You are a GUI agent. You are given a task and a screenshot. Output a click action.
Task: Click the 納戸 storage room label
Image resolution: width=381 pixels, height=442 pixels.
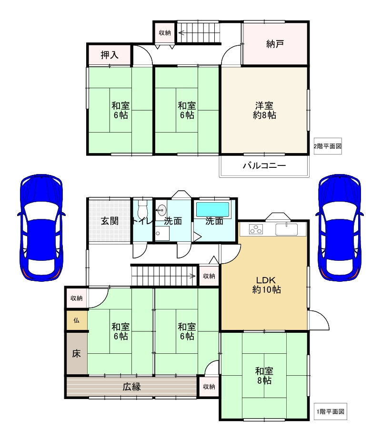[x=275, y=44]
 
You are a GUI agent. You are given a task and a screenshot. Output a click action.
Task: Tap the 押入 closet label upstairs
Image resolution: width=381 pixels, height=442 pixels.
[x=110, y=55]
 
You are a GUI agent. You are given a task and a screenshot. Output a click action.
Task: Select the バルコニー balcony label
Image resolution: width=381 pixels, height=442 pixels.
[x=264, y=165]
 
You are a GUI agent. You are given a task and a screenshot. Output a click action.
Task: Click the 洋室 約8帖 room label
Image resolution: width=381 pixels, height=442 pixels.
[x=264, y=110]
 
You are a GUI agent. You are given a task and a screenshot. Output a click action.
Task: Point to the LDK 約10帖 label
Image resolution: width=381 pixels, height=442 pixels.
[x=266, y=285]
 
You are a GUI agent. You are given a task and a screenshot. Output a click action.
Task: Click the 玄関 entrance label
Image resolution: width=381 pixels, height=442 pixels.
[x=110, y=221]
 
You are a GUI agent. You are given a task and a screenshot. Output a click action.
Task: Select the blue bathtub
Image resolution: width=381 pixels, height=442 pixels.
[x=212, y=210]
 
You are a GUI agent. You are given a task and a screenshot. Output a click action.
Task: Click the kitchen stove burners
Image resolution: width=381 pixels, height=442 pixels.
[x=256, y=229]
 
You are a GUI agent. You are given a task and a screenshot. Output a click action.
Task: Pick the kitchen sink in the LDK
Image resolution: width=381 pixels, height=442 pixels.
[x=286, y=229]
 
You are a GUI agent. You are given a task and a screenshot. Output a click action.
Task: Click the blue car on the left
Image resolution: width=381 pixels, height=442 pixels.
[x=41, y=227]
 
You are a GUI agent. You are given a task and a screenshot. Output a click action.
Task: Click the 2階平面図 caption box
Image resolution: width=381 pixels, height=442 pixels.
[x=328, y=146]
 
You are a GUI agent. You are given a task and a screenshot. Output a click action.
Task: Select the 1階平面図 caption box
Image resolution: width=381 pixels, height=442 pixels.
[x=331, y=411]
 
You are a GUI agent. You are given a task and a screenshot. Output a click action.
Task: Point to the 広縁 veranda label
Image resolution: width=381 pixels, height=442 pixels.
[x=131, y=387]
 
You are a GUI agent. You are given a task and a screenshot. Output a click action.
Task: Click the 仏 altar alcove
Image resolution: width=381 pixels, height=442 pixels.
[x=77, y=320]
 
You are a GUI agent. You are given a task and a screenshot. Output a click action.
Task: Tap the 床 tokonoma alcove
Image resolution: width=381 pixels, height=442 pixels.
[x=77, y=353]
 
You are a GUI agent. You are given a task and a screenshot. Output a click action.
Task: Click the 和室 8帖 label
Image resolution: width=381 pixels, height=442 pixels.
[x=264, y=375]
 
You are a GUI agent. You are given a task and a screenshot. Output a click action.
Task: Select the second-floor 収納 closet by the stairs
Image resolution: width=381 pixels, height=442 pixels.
[x=165, y=33]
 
